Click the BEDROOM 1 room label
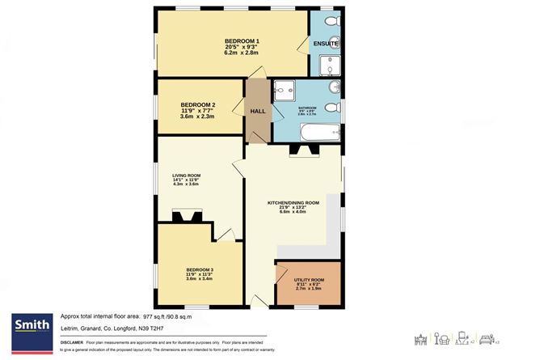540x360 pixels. click(x=242, y=41)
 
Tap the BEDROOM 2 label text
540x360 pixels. click(x=197, y=105)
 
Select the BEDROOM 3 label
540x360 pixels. click(x=200, y=269)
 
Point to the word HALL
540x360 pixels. click(x=258, y=112)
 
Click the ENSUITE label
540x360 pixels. click(x=326, y=43)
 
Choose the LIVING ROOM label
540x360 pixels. click(x=185, y=176)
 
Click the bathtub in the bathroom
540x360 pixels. click(x=310, y=127)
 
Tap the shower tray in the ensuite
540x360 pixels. click(x=330, y=65)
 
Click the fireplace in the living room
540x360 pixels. click(x=186, y=215)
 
